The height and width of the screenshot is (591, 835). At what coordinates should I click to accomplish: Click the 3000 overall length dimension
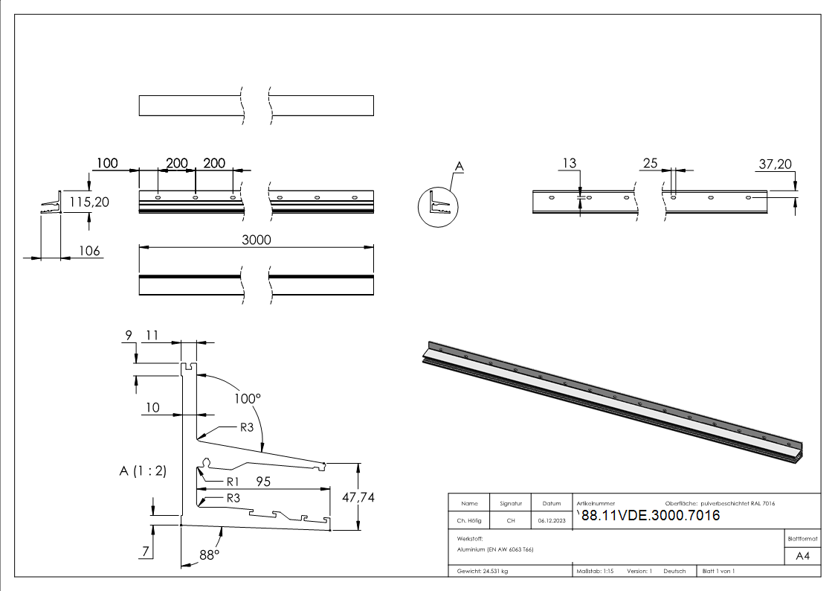257,240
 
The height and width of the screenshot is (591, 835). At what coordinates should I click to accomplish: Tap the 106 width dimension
89,251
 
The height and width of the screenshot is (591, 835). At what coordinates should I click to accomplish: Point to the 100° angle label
248,398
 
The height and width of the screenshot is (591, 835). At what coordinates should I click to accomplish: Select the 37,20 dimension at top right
774,164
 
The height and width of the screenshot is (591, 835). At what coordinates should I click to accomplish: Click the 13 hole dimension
570,164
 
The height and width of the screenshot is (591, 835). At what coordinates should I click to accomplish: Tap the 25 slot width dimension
650,164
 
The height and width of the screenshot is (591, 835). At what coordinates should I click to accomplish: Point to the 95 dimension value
263,482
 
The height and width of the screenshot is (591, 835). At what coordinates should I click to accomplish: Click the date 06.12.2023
551,521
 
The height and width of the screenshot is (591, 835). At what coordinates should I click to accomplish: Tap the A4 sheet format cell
802,555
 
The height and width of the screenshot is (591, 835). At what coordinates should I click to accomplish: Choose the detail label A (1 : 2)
142,470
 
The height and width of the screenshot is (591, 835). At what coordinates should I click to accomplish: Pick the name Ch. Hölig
468,521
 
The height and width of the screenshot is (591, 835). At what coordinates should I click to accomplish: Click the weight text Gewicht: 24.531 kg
483,571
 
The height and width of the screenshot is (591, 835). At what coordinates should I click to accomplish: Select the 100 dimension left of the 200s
107,163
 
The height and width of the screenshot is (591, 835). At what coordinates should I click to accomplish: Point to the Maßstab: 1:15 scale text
595,571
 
